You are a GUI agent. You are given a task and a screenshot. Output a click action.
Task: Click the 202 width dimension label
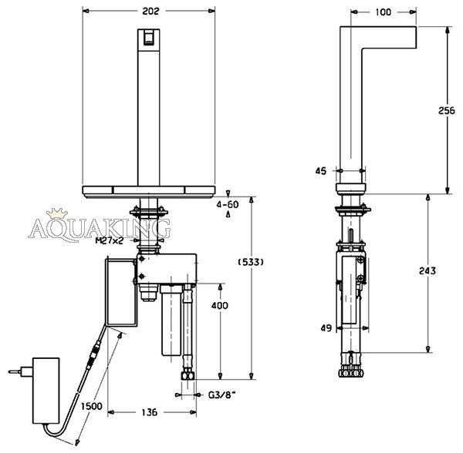[150, 12]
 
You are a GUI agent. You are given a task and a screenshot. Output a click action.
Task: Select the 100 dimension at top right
[384, 12]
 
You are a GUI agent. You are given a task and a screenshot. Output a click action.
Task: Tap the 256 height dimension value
[447, 110]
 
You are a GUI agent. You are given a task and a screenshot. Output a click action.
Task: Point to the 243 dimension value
[428, 270]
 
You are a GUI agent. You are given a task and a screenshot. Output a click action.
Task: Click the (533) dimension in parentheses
[251, 262]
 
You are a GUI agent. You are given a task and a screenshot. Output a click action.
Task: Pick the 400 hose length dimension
[220, 305]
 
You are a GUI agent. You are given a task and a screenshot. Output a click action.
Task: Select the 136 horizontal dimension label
[150, 411]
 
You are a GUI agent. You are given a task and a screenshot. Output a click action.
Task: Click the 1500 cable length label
[92, 406]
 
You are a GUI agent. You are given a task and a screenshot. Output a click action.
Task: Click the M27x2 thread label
[110, 241]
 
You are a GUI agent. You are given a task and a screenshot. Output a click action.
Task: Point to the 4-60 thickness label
[228, 204]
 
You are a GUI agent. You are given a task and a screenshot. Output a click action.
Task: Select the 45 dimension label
[321, 171]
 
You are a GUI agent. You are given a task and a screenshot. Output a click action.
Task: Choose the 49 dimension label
[326, 327]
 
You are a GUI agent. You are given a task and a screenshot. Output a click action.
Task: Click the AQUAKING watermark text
[100, 229]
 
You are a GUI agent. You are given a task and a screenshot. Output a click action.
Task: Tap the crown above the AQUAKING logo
[57, 213]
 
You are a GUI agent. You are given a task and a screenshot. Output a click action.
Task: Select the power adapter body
[46, 391]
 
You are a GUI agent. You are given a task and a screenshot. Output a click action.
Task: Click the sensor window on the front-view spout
[148, 38]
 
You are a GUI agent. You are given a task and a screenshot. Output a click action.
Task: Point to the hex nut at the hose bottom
[188, 376]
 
